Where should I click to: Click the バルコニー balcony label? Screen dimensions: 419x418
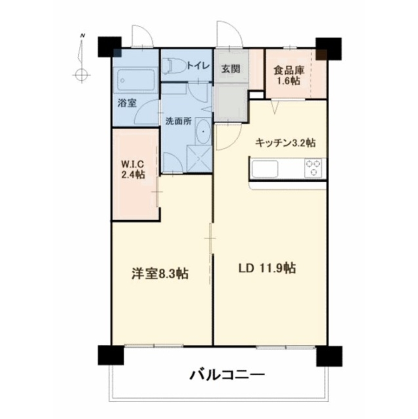[228, 373]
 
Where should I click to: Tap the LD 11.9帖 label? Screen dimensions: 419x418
[267, 268]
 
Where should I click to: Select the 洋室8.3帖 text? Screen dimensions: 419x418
[159, 274]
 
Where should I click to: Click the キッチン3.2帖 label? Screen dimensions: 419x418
[285, 143]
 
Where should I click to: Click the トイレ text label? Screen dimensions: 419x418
[198, 65]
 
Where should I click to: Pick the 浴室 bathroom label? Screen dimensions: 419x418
[126, 103]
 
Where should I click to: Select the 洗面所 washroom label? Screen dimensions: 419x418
[179, 122]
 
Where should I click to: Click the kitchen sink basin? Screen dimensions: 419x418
[265, 169]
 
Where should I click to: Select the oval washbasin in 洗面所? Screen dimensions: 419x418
[203, 132]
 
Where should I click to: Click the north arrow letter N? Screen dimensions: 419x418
[83, 36]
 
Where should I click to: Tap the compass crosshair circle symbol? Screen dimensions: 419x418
[81, 75]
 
